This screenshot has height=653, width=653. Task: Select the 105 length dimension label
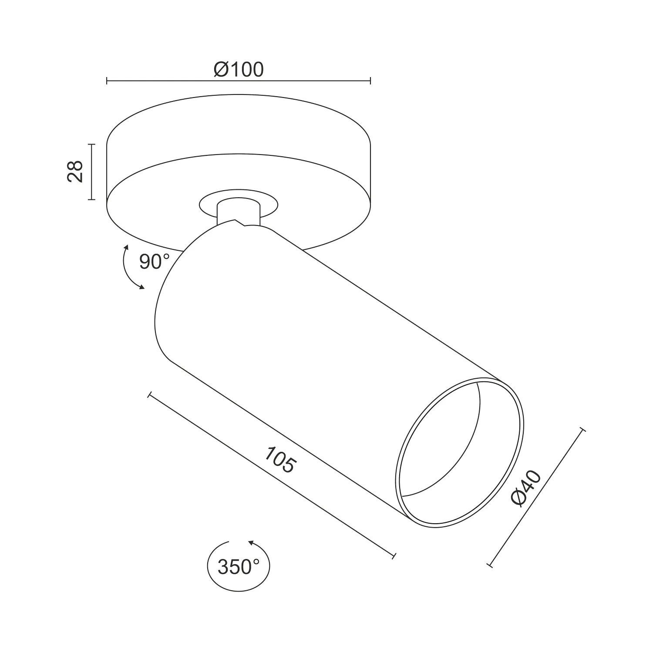click(279, 459)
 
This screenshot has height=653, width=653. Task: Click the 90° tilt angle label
click(155, 262)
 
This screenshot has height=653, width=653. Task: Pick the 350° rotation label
click(239, 567)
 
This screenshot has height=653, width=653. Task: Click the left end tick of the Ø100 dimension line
click(107, 81)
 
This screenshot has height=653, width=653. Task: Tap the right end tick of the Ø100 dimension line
click(370, 81)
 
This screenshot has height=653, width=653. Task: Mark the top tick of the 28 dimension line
click(91, 144)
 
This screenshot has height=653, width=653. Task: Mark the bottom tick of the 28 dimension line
click(91, 199)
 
